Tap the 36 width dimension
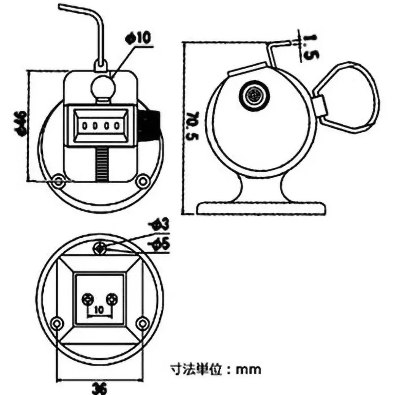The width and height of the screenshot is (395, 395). point(100,389)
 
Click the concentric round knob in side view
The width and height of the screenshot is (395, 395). point(255,94)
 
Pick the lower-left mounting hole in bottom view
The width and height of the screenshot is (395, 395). point(58,323)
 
